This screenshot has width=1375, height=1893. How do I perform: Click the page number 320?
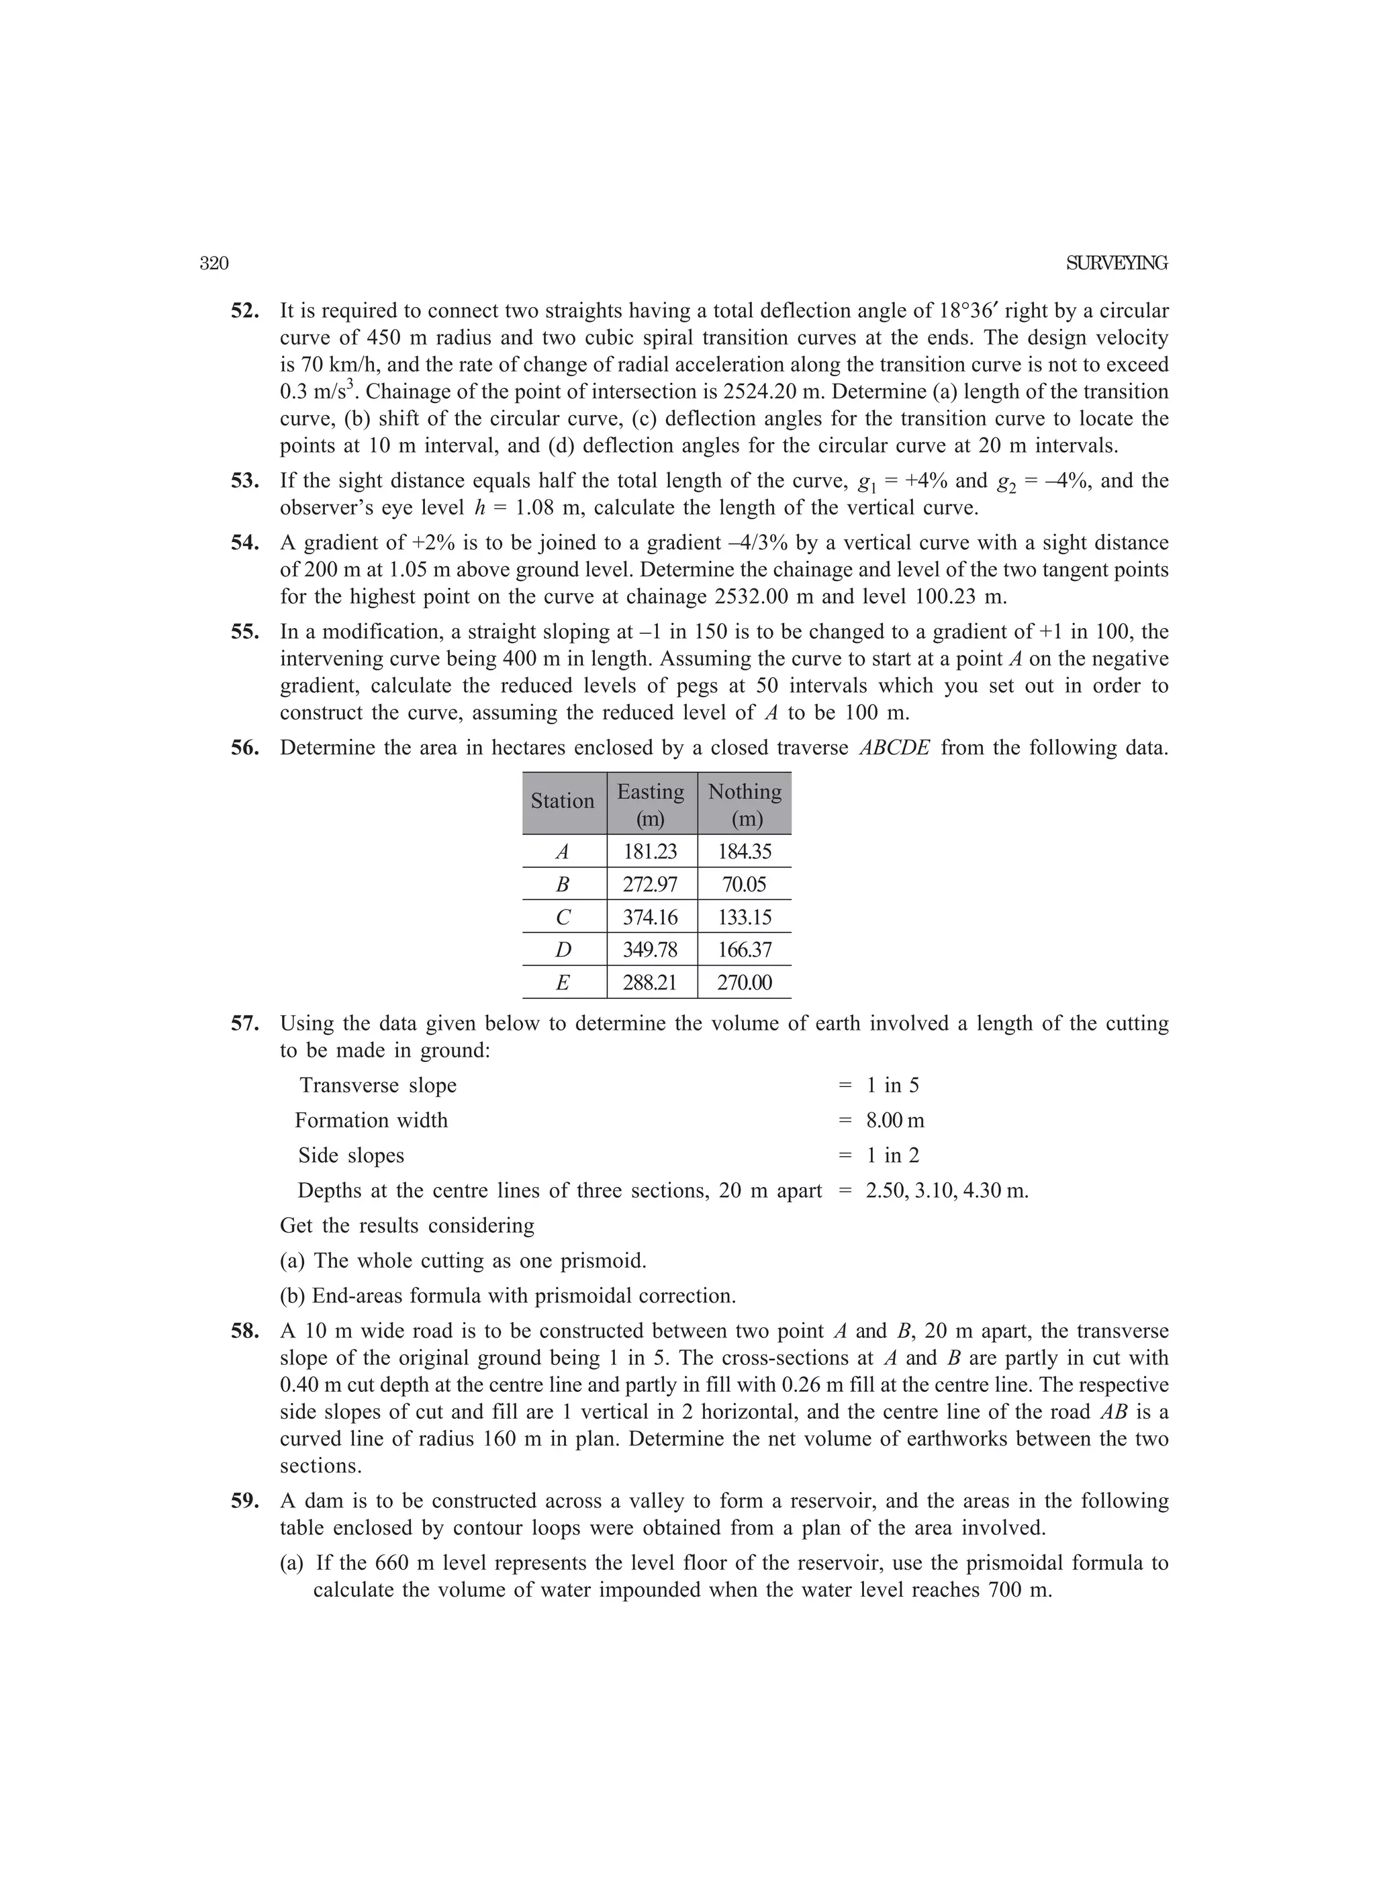[x=214, y=264]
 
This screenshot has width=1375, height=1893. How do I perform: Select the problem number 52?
[x=244, y=311]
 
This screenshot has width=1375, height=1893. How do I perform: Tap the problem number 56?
[x=244, y=748]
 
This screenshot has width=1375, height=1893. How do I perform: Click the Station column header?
[x=563, y=801]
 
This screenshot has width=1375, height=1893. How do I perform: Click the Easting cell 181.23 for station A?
[x=650, y=852]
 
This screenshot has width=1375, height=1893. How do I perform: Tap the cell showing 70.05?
[x=745, y=885]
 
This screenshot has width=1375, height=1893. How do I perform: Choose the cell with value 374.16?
[x=650, y=918]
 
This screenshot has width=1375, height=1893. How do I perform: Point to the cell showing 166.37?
[x=745, y=950]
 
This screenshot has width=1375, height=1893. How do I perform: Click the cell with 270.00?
[x=745, y=982]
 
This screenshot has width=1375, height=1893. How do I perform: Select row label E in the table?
[x=563, y=982]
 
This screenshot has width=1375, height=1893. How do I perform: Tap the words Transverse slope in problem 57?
[x=378, y=1085]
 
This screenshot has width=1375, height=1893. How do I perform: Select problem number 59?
[x=244, y=1501]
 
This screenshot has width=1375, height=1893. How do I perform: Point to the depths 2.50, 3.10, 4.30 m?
[x=946, y=1190]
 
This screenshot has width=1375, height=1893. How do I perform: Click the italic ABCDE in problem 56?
[x=894, y=748]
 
